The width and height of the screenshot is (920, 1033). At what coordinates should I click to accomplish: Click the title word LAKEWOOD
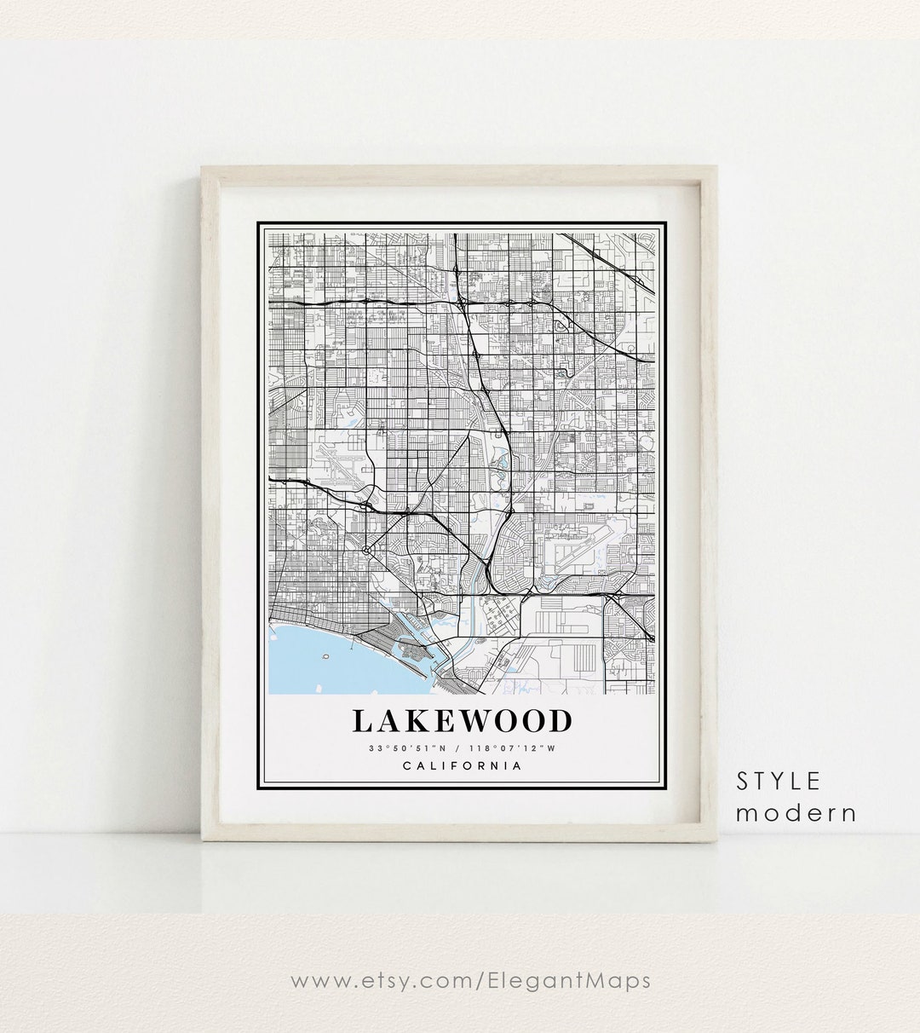coord(462,721)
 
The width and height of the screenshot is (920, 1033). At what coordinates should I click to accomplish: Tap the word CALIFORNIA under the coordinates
coord(462,765)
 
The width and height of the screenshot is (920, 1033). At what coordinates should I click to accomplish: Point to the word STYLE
coord(779,781)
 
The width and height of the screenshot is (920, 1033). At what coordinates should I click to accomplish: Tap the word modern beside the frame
coord(796,813)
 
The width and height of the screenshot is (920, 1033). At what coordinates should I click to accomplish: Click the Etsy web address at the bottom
coord(470,981)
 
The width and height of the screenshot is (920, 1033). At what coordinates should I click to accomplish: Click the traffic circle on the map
coord(366,551)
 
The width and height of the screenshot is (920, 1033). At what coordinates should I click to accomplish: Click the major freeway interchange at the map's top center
coord(457,298)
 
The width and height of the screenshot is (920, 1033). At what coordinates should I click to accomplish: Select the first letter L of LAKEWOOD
coord(361,721)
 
